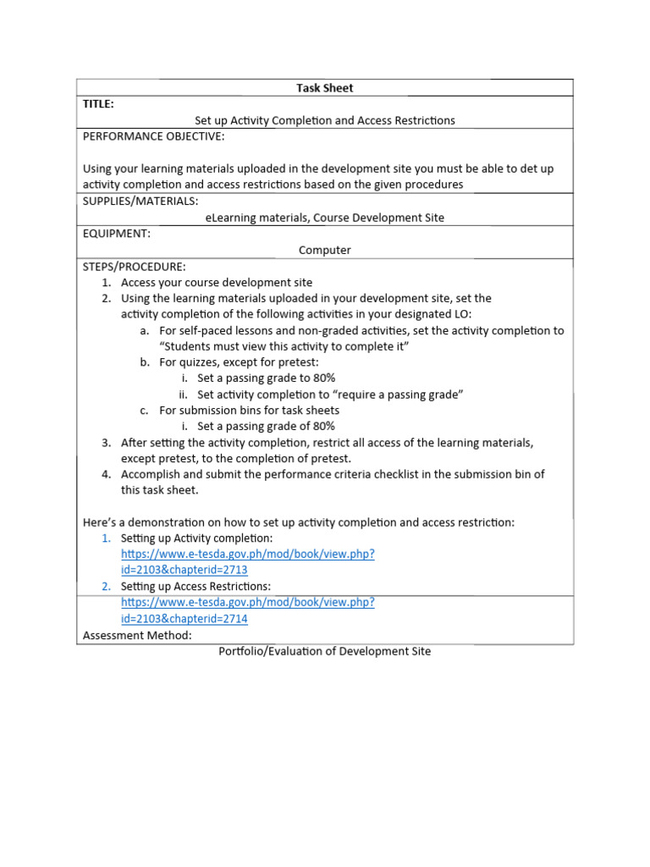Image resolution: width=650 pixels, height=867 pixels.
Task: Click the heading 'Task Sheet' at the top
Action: click(x=325, y=88)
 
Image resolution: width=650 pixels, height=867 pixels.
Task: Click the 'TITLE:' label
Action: click(x=98, y=104)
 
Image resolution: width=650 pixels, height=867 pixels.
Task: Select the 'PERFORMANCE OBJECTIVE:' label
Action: click(x=153, y=136)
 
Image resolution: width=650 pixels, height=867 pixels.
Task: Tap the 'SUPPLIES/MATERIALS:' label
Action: click(x=140, y=201)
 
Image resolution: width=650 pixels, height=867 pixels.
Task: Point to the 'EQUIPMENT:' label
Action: click(x=117, y=233)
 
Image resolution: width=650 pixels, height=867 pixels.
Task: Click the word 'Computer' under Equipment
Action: click(x=325, y=250)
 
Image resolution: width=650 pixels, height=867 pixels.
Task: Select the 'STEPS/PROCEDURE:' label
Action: click(x=134, y=266)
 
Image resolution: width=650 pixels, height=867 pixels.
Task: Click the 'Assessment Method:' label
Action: click(x=137, y=635)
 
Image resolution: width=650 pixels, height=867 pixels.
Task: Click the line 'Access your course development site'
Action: click(x=217, y=282)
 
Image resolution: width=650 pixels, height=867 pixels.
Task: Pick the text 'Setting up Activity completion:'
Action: click(x=197, y=538)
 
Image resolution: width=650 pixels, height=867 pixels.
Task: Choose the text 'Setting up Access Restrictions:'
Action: click(x=196, y=586)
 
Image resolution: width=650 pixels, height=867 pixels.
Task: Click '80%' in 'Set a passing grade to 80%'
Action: click(x=324, y=378)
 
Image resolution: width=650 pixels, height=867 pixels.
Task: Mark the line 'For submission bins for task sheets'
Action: click(x=250, y=411)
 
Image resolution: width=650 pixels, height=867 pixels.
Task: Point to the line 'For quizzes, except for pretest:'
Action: click(x=240, y=362)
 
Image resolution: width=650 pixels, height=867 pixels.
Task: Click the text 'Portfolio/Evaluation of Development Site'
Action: click(x=325, y=651)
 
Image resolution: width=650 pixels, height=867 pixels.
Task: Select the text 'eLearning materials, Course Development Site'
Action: click(x=325, y=218)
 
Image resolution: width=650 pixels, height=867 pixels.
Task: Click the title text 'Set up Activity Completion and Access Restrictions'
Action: click(x=325, y=120)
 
